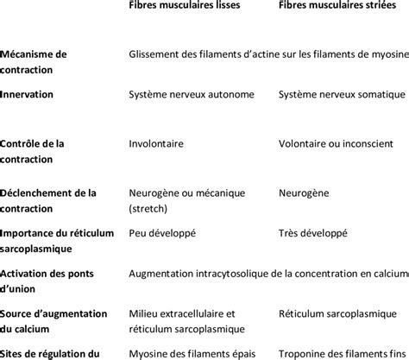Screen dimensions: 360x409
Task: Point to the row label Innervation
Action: pyautogui.click(x=28, y=93)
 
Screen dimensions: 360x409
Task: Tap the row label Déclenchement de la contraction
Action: pyautogui.click(x=48, y=200)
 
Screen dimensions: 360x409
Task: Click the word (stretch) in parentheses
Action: pyautogui.click(x=151, y=208)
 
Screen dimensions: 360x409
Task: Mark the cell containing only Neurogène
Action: pyautogui.click(x=305, y=193)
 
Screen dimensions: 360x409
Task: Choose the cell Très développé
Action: pyautogui.click(x=314, y=233)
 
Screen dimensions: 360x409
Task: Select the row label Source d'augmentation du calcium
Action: pyautogui.click(x=53, y=320)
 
